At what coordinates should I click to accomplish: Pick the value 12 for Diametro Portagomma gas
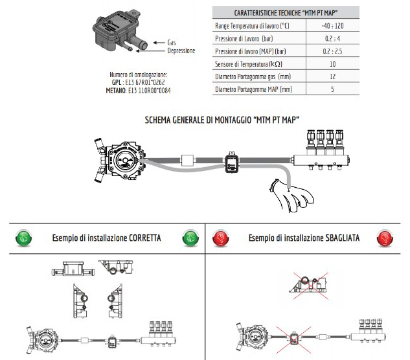coord(333,76)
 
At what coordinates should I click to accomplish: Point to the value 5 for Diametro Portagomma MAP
coord(333,89)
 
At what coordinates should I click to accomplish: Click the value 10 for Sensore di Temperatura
coord(333,64)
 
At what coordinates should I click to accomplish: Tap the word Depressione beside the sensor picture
coord(181,51)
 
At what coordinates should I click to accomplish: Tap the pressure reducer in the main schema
coord(122,159)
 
